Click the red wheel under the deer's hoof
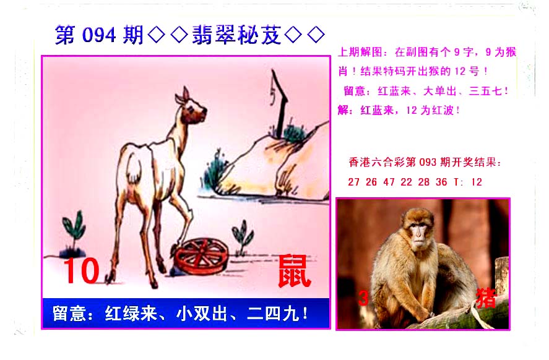(x=201, y=257)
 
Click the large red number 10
(x=82, y=270)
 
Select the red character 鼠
(x=295, y=271)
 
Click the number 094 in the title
(x=99, y=35)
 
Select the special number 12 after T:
(x=477, y=182)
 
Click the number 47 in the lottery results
(x=389, y=182)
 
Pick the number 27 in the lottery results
(x=353, y=182)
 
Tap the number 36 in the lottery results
(x=441, y=182)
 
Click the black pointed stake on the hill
(x=279, y=103)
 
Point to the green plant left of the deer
(x=74, y=233)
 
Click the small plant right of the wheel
(x=243, y=237)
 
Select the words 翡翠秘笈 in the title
(x=236, y=35)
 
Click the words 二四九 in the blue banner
(x=274, y=314)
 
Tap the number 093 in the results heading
(x=428, y=162)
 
